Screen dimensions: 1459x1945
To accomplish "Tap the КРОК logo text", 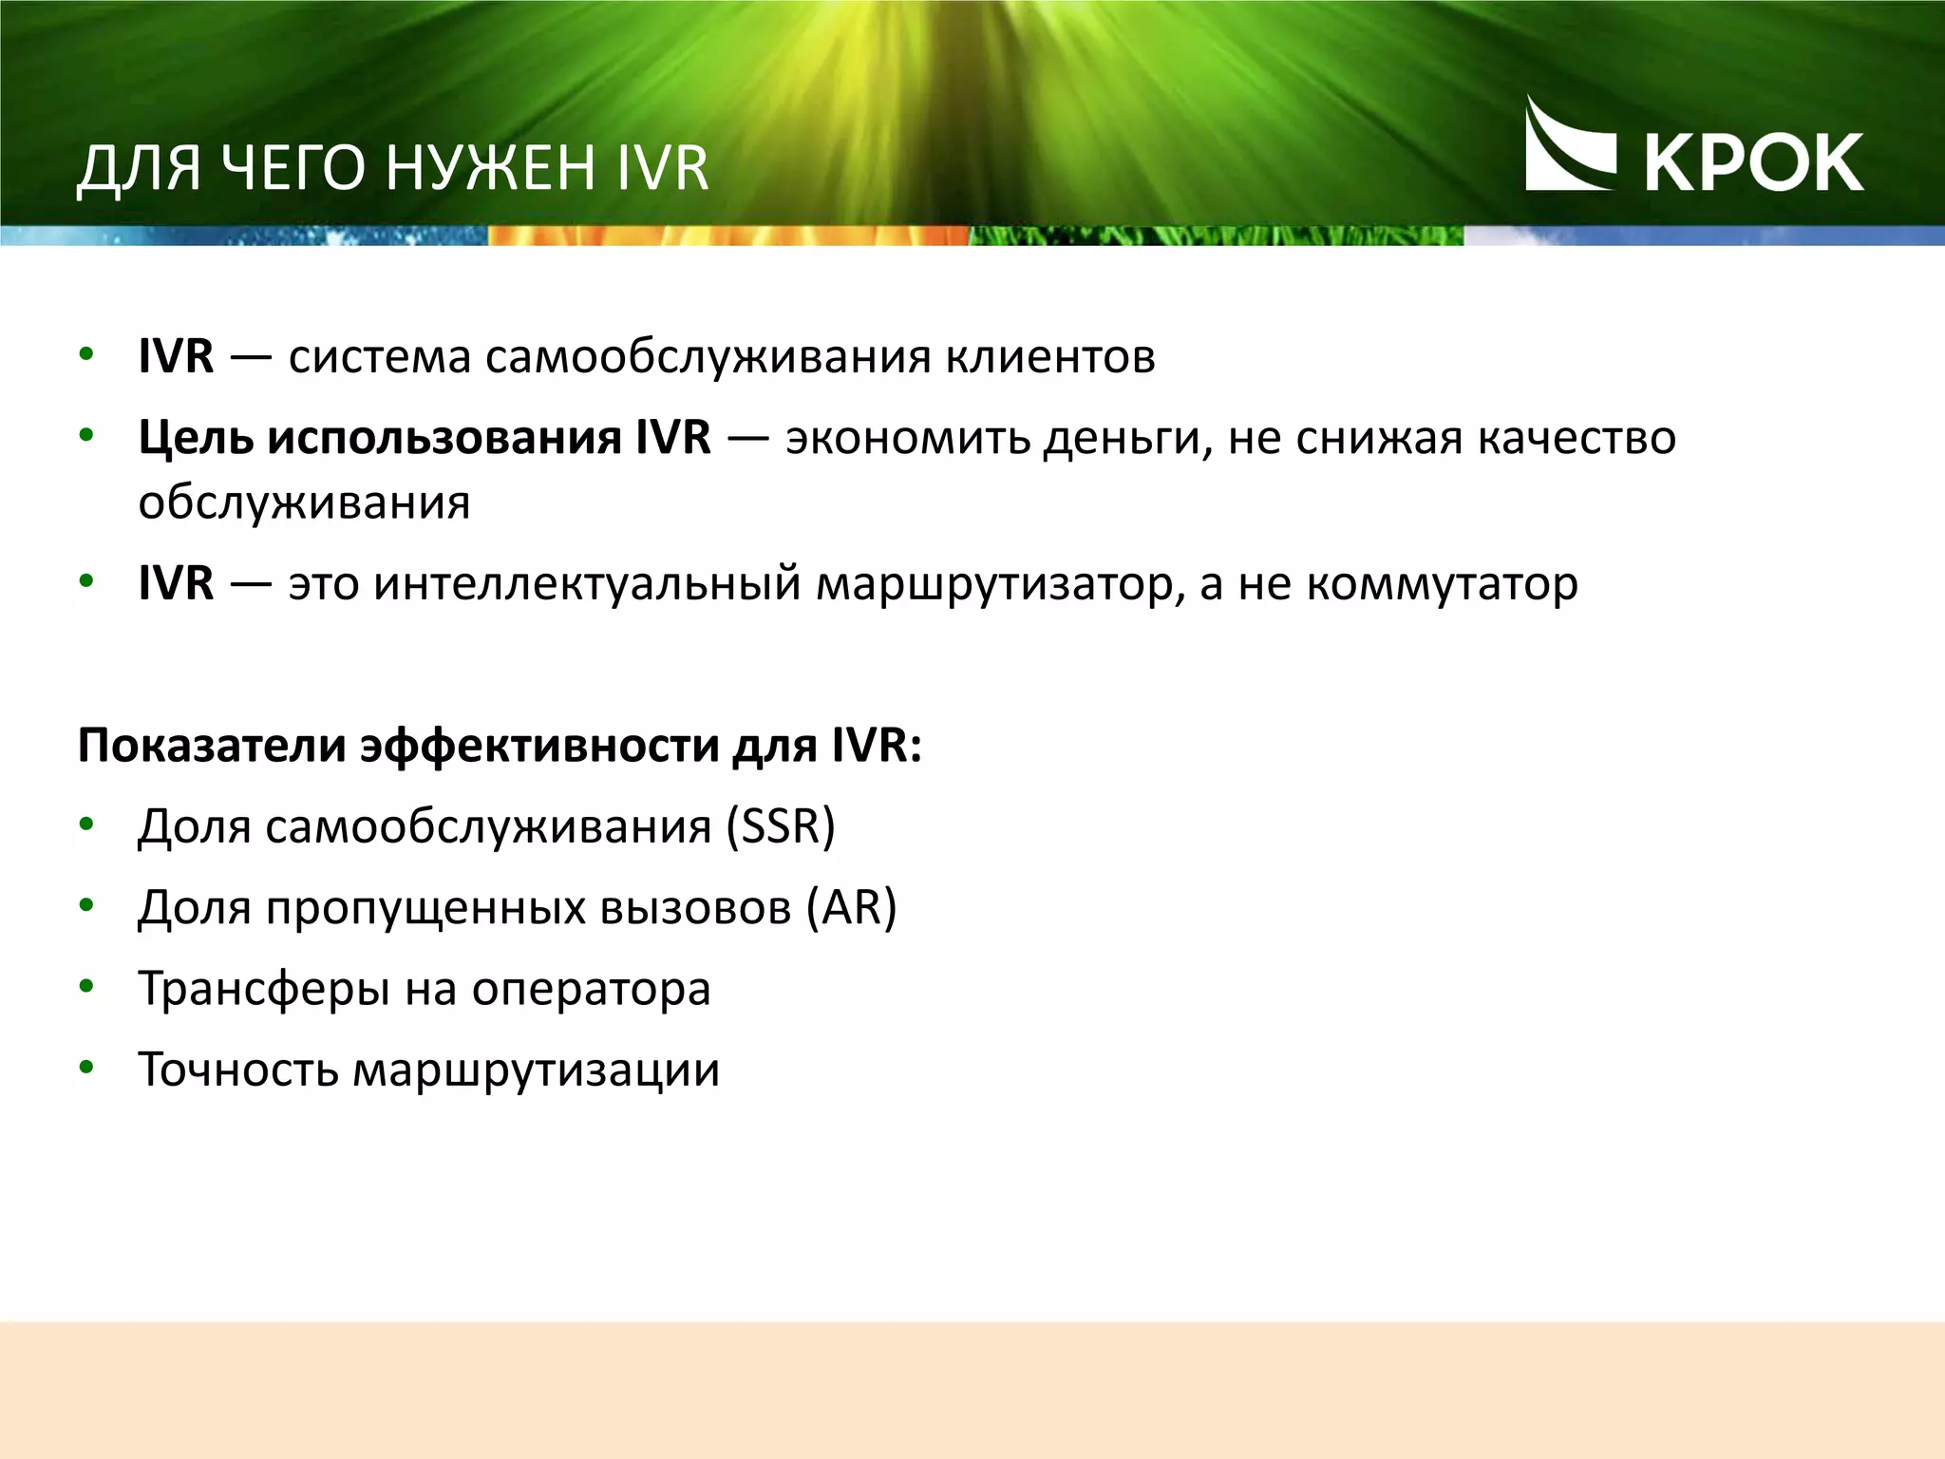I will [1753, 163].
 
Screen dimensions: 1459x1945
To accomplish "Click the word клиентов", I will [1049, 357].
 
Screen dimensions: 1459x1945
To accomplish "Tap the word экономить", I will [907, 438].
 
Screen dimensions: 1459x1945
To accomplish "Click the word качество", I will [1577, 438].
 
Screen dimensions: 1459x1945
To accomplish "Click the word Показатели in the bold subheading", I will [212, 746].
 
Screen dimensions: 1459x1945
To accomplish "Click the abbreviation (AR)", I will [851, 907].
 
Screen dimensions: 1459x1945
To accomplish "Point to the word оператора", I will [591, 989].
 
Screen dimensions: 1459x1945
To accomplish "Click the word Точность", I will [238, 1070].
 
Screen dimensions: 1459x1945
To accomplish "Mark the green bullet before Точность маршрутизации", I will [86, 1069].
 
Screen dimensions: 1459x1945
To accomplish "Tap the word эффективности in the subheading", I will [539, 746].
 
